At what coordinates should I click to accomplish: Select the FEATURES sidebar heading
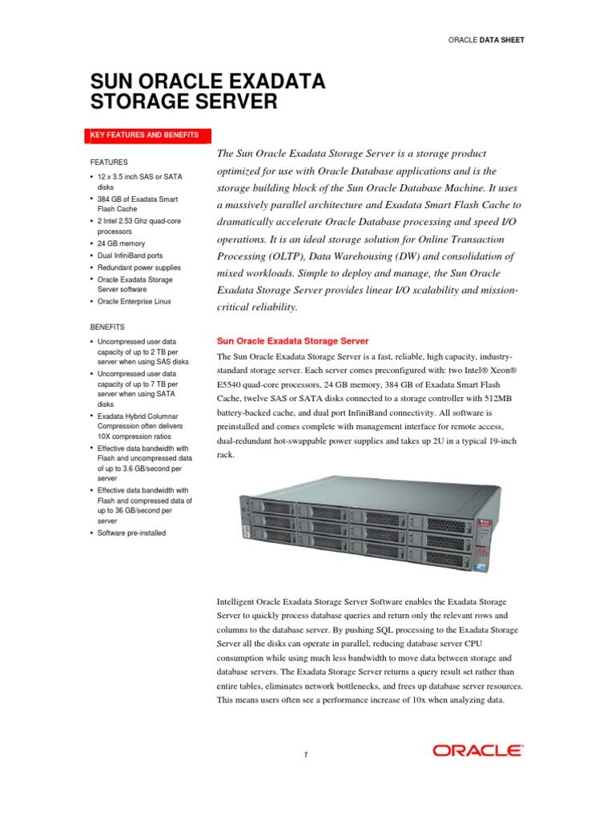click(109, 162)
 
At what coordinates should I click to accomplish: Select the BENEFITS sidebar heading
click(109, 327)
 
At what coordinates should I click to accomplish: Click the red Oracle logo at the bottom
click(478, 750)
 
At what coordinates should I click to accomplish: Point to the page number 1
click(307, 754)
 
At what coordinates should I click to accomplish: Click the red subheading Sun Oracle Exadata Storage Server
click(293, 340)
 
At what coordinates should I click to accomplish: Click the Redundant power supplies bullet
click(139, 267)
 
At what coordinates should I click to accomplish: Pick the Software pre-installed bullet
click(132, 533)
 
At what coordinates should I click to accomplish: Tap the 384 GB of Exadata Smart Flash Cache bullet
click(138, 204)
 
